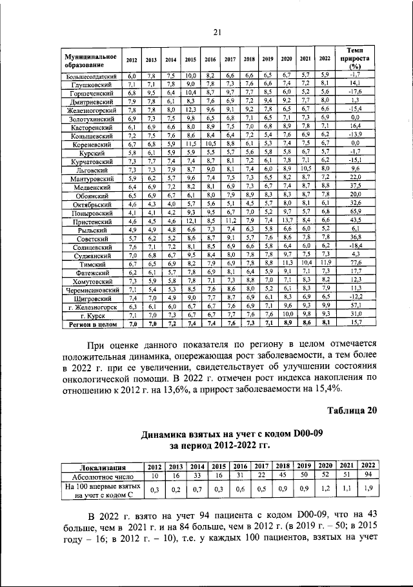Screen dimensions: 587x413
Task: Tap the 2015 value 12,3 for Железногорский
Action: pyautogui.click(x=190, y=110)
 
